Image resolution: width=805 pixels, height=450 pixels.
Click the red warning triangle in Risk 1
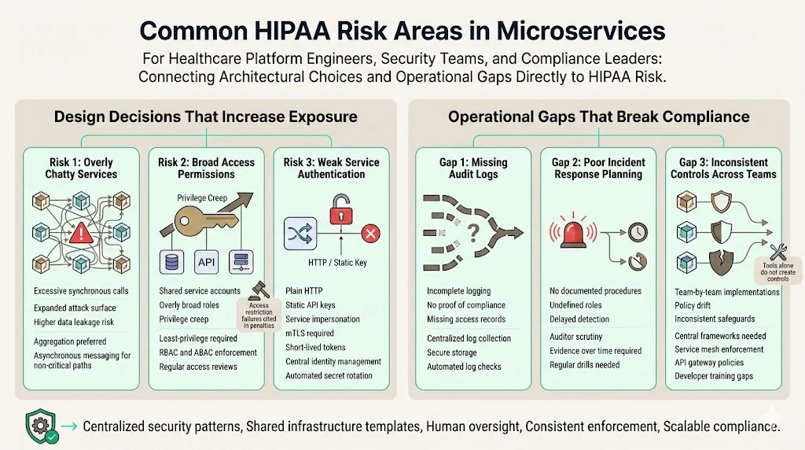point(81,233)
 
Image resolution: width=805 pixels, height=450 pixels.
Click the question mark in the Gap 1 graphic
point(473,233)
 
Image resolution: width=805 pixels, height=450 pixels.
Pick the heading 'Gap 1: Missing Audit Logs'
point(473,168)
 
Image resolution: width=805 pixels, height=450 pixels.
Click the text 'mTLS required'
point(311,334)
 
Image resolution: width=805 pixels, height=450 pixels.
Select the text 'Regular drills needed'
point(584,364)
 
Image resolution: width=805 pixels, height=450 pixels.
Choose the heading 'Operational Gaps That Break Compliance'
point(598,117)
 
